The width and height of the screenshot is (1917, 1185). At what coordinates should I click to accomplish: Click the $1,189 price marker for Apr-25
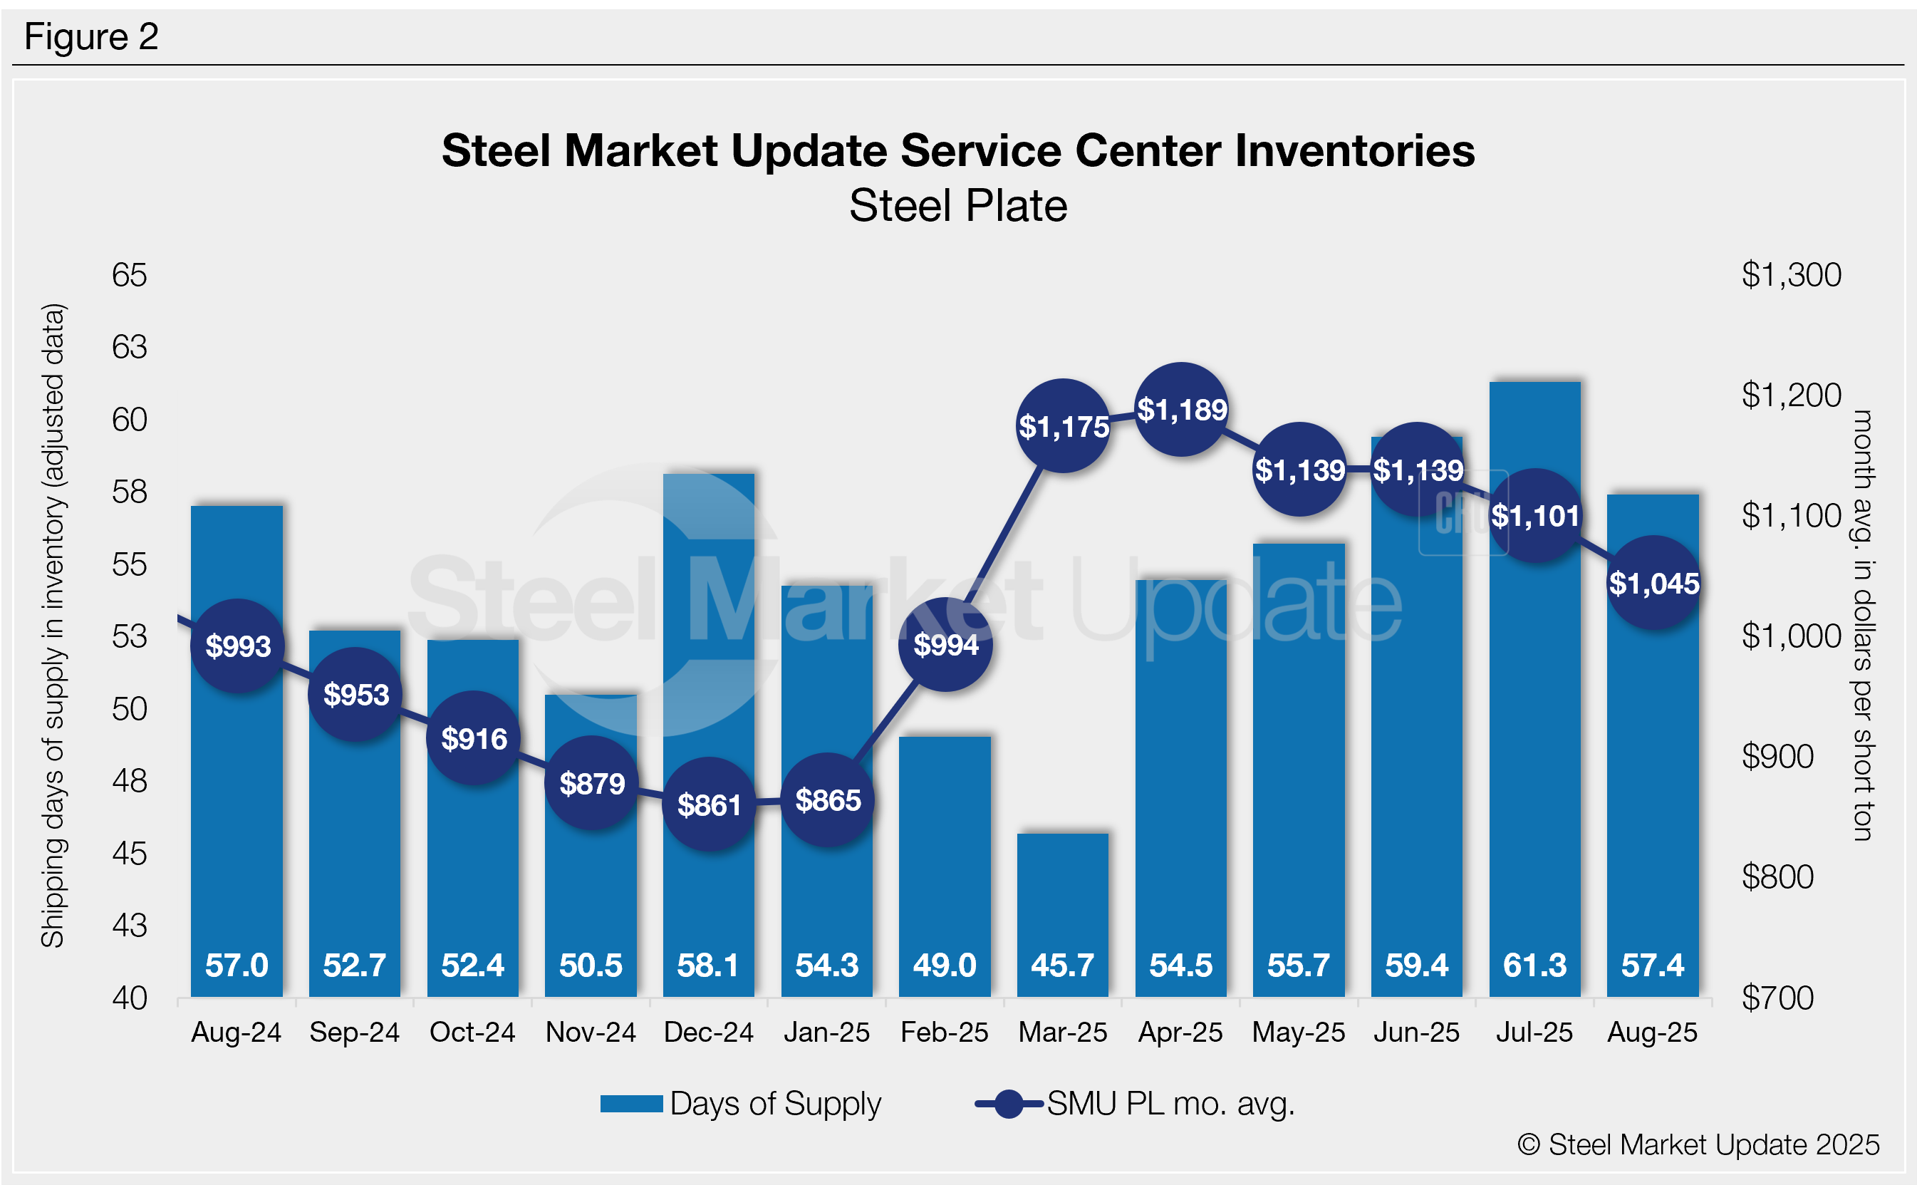click(x=1181, y=410)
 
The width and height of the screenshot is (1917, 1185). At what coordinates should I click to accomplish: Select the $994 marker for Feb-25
click(x=945, y=645)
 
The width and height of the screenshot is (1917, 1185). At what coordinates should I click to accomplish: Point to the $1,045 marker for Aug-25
click(x=1653, y=583)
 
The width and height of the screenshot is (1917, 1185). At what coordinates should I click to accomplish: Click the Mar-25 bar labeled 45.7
click(x=1063, y=901)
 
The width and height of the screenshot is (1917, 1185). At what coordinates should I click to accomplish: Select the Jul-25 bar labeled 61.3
click(x=1534, y=705)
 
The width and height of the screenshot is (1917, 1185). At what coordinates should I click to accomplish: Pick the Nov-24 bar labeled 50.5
click(x=591, y=878)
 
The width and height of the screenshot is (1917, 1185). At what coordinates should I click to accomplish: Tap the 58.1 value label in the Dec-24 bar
click(x=708, y=966)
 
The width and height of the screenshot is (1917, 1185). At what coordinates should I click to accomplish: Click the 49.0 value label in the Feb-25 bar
click(x=945, y=966)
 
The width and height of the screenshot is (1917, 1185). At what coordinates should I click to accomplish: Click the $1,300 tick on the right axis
click(x=1791, y=275)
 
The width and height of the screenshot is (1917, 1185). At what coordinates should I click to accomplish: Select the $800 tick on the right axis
click(x=1777, y=877)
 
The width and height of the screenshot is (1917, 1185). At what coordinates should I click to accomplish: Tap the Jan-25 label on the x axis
click(x=826, y=1033)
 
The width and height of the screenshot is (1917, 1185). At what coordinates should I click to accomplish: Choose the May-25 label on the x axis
click(x=1298, y=1033)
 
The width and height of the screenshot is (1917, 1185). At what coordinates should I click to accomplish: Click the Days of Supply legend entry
click(x=741, y=1104)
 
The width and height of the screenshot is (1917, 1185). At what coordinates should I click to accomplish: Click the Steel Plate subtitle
click(x=958, y=206)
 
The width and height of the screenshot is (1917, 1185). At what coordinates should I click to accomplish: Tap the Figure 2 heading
click(x=92, y=37)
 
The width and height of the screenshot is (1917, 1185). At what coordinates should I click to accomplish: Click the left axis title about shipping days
click(x=53, y=626)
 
